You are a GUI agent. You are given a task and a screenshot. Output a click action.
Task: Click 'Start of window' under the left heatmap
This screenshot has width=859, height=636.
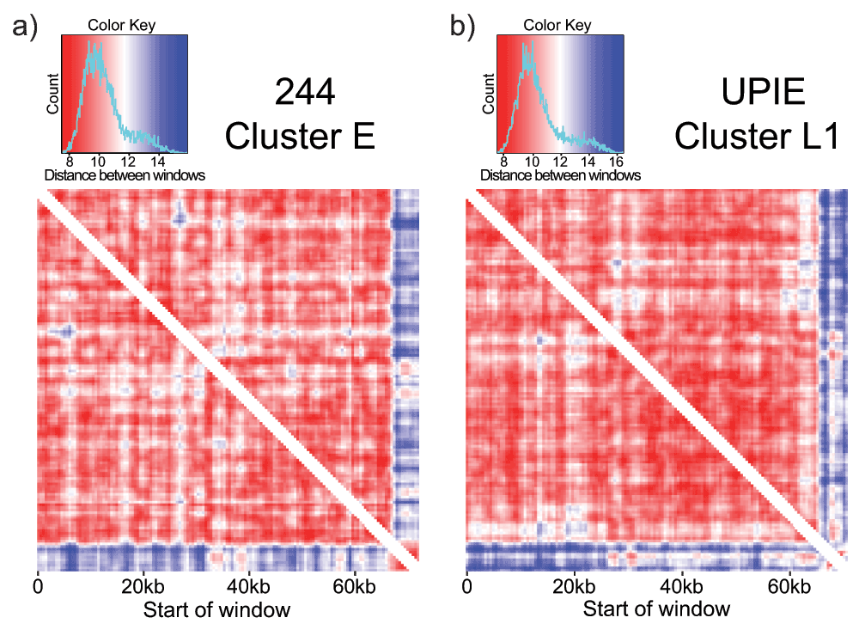coord(216,610)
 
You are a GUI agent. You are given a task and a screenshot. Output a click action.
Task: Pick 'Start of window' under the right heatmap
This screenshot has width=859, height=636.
coord(656,610)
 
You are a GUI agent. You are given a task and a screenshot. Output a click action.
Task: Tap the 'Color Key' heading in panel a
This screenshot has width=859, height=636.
coord(121,26)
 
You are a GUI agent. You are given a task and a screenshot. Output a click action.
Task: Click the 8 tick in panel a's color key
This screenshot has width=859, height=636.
coord(69,160)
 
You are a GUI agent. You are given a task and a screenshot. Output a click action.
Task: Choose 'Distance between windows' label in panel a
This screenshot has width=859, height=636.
coord(125,175)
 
